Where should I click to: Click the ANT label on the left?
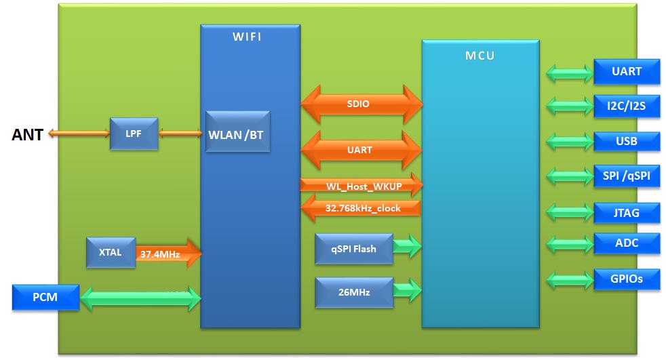pos(27,135)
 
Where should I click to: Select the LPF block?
pos(134,134)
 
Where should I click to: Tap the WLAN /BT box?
pos(237,134)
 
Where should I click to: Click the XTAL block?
pos(111,253)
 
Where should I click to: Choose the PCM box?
pos(45,298)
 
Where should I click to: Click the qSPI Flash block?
pos(353,249)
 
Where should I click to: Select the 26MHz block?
pos(353,292)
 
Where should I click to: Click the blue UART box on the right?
pos(626,71)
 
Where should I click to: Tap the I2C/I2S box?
pos(626,106)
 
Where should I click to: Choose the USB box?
pos(626,141)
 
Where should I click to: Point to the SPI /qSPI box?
pos(626,176)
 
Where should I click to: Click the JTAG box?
pos(626,213)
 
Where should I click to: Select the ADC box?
pos(626,243)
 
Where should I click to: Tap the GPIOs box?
pos(626,278)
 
